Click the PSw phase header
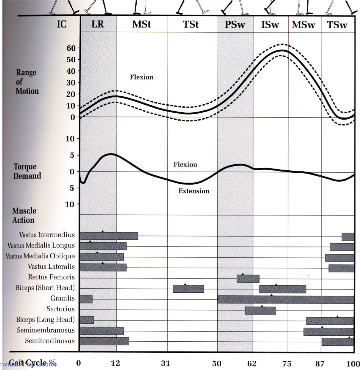pyautogui.click(x=235, y=24)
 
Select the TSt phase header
pyautogui.click(x=191, y=24)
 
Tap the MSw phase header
pyautogui.click(x=303, y=25)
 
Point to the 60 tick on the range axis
pyautogui.click(x=71, y=48)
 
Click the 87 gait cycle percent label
pyautogui.click(x=320, y=363)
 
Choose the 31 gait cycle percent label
pyautogui.click(x=166, y=363)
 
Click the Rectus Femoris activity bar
pyautogui.click(x=248, y=279)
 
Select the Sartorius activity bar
pyautogui.click(x=261, y=310)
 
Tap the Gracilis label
pyautogui.click(x=63, y=298)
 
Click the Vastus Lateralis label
pyautogui.click(x=51, y=266)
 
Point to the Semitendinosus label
pyautogui.click(x=50, y=340)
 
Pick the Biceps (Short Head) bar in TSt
pyautogui.click(x=188, y=289)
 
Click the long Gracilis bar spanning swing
pyautogui.click(x=286, y=300)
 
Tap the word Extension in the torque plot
pyautogui.click(x=194, y=191)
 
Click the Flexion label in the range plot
pyautogui.click(x=142, y=77)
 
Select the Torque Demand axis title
pyautogui.click(x=27, y=171)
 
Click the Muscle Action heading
pyautogui.click(x=24, y=215)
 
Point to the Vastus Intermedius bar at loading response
pyautogui.click(x=109, y=236)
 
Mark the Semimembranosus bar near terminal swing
pyautogui.click(x=328, y=332)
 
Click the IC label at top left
pyautogui.click(x=62, y=24)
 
